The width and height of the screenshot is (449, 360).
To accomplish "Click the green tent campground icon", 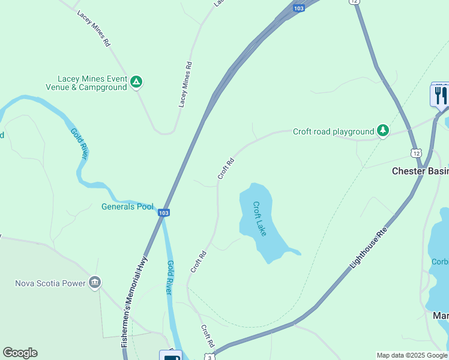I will [x=136, y=82].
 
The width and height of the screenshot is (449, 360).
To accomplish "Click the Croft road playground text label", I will [x=333, y=131].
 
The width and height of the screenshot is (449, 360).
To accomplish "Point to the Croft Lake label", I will [x=259, y=218].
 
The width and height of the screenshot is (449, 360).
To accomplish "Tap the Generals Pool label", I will [x=127, y=207].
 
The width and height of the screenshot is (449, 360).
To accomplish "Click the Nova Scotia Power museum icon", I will [x=94, y=282].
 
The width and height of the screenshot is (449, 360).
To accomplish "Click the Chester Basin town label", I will [x=420, y=171].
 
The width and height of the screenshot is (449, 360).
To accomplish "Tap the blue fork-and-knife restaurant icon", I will [x=439, y=94].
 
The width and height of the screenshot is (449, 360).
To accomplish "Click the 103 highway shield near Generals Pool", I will [x=164, y=213].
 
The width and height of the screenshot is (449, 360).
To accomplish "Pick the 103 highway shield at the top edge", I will [x=299, y=7].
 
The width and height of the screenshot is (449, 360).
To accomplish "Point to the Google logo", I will [x=20, y=353].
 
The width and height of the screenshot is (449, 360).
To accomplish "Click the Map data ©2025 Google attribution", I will [x=411, y=355].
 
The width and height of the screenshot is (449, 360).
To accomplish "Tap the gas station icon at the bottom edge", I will [x=170, y=355].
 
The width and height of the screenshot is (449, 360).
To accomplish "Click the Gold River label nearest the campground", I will [x=79, y=144].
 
